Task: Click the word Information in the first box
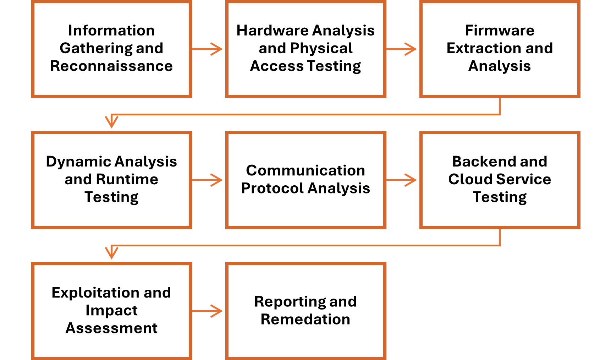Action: (x=111, y=31)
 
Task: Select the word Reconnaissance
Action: (x=111, y=66)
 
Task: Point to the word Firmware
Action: (x=499, y=31)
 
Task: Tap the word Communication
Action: (x=305, y=170)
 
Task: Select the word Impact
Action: (x=111, y=310)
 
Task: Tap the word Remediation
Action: (x=305, y=319)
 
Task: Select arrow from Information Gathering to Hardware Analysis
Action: (x=208, y=49)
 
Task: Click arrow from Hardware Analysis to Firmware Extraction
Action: (x=402, y=49)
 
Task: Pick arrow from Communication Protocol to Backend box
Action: (x=402, y=180)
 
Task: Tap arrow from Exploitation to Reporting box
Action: (x=208, y=311)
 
